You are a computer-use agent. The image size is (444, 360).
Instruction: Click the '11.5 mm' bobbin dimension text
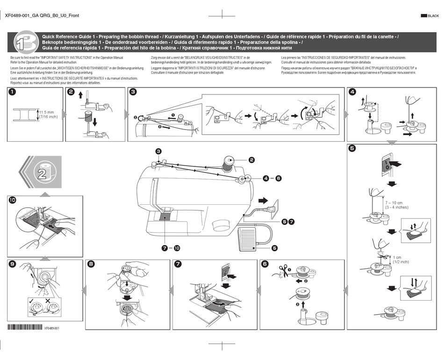click(x=47, y=112)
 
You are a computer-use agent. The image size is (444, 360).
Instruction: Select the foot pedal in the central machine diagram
click(x=253, y=238)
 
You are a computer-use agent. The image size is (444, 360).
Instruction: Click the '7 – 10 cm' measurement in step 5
click(x=395, y=202)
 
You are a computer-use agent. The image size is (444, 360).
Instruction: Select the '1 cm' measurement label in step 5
click(x=397, y=257)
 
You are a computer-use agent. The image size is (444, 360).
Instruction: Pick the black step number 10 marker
click(x=13, y=201)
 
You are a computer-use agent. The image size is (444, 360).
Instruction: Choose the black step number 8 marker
click(x=91, y=264)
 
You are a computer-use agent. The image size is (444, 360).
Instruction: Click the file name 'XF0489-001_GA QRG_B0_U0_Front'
click(x=42, y=15)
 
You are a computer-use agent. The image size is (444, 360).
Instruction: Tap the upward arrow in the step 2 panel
click(x=80, y=95)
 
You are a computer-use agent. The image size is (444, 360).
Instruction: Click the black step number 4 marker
click(x=352, y=92)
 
